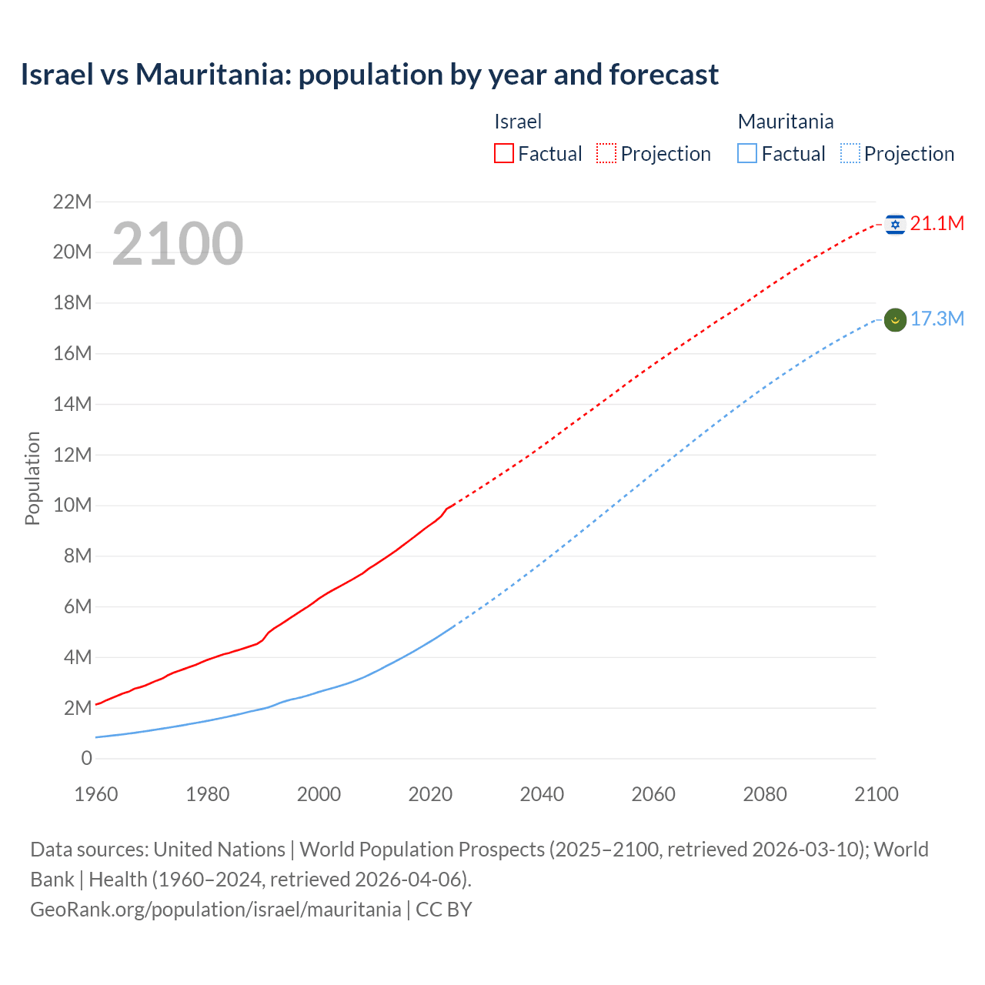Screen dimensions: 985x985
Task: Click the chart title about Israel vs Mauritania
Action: click(x=369, y=75)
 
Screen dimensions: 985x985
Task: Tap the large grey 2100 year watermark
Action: click(x=178, y=244)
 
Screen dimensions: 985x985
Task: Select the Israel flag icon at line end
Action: click(x=895, y=224)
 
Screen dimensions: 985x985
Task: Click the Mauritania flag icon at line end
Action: click(x=895, y=319)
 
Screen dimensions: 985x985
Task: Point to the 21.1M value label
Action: click(x=937, y=224)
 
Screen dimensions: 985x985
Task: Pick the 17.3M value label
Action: click(x=937, y=319)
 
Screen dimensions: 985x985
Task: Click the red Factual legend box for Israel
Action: click(x=504, y=154)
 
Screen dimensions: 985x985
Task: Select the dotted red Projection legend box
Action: click(x=606, y=154)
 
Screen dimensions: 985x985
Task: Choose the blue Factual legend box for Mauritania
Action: click(x=747, y=154)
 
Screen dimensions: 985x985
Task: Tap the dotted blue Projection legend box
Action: click(x=850, y=154)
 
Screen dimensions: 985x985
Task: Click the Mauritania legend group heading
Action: click(x=785, y=122)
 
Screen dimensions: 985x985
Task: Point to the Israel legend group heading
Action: click(x=518, y=122)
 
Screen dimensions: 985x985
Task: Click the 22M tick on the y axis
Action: click(x=72, y=202)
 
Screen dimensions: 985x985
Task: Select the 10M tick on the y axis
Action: click(x=72, y=506)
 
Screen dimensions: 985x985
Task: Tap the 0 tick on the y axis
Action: click(x=86, y=759)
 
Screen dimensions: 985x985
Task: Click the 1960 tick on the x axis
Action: click(x=96, y=794)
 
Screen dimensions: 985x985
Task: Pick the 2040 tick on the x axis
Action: click(x=542, y=794)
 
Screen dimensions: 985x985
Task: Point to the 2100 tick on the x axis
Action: click(x=876, y=794)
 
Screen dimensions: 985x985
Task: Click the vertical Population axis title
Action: click(x=32, y=478)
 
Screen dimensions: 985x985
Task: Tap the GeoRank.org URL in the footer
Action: click(x=215, y=910)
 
